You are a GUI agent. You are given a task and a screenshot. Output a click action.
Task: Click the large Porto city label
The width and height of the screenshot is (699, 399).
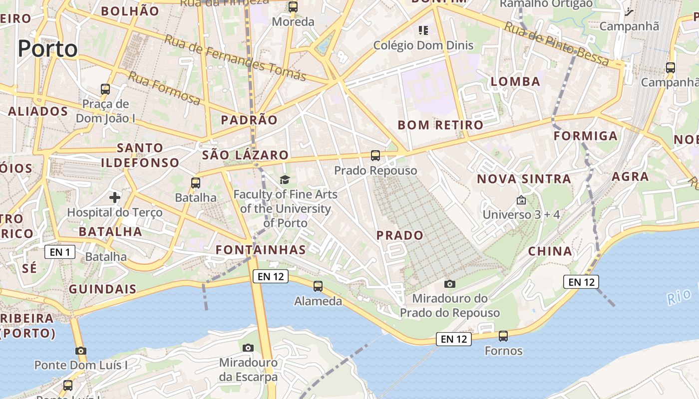pyautogui.click(x=48, y=49)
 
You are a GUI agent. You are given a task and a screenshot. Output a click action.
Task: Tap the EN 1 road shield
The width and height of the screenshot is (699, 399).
pyautogui.click(x=60, y=252)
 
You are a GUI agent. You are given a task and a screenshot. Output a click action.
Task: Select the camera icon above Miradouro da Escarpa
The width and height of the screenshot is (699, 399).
pyautogui.click(x=248, y=348)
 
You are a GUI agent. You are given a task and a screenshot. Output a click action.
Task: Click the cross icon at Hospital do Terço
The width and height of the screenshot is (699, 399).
pyautogui.click(x=115, y=198)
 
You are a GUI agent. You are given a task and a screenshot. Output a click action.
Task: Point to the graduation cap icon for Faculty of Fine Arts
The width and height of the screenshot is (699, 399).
pyautogui.click(x=285, y=180)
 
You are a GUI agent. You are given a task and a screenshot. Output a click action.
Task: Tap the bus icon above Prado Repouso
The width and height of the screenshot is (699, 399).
pyautogui.click(x=375, y=156)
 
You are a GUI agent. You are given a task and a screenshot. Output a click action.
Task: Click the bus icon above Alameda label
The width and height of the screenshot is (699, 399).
pyautogui.click(x=318, y=286)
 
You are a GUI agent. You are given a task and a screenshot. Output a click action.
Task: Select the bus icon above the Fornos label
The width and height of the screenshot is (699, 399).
pyautogui.click(x=503, y=336)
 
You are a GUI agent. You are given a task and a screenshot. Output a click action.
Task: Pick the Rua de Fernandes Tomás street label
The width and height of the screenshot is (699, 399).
pyautogui.click(x=235, y=58)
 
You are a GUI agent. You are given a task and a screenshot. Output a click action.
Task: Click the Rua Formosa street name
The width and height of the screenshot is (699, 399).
pyautogui.click(x=164, y=88)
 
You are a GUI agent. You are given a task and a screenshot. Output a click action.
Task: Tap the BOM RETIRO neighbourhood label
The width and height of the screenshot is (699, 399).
pyautogui.click(x=440, y=125)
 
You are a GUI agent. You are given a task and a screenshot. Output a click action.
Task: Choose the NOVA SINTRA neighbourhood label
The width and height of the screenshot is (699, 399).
pyautogui.click(x=524, y=179)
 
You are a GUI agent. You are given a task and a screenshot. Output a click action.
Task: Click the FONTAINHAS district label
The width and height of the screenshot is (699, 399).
pyautogui.click(x=261, y=249)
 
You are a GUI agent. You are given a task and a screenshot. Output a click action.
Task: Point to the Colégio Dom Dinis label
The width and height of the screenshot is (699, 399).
pyautogui.click(x=423, y=45)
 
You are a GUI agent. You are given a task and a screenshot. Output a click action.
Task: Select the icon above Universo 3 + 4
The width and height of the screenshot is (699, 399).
pyautogui.click(x=521, y=200)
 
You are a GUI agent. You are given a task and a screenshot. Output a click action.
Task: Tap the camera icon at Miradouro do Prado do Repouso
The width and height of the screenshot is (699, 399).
pyautogui.click(x=450, y=284)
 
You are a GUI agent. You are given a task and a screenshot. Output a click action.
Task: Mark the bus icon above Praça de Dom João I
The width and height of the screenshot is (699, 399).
pyautogui.click(x=105, y=89)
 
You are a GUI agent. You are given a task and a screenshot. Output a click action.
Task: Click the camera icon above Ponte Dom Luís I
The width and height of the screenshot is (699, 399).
pyautogui.click(x=81, y=351)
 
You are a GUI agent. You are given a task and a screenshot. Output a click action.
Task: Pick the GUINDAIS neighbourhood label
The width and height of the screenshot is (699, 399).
pyautogui.click(x=102, y=289)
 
